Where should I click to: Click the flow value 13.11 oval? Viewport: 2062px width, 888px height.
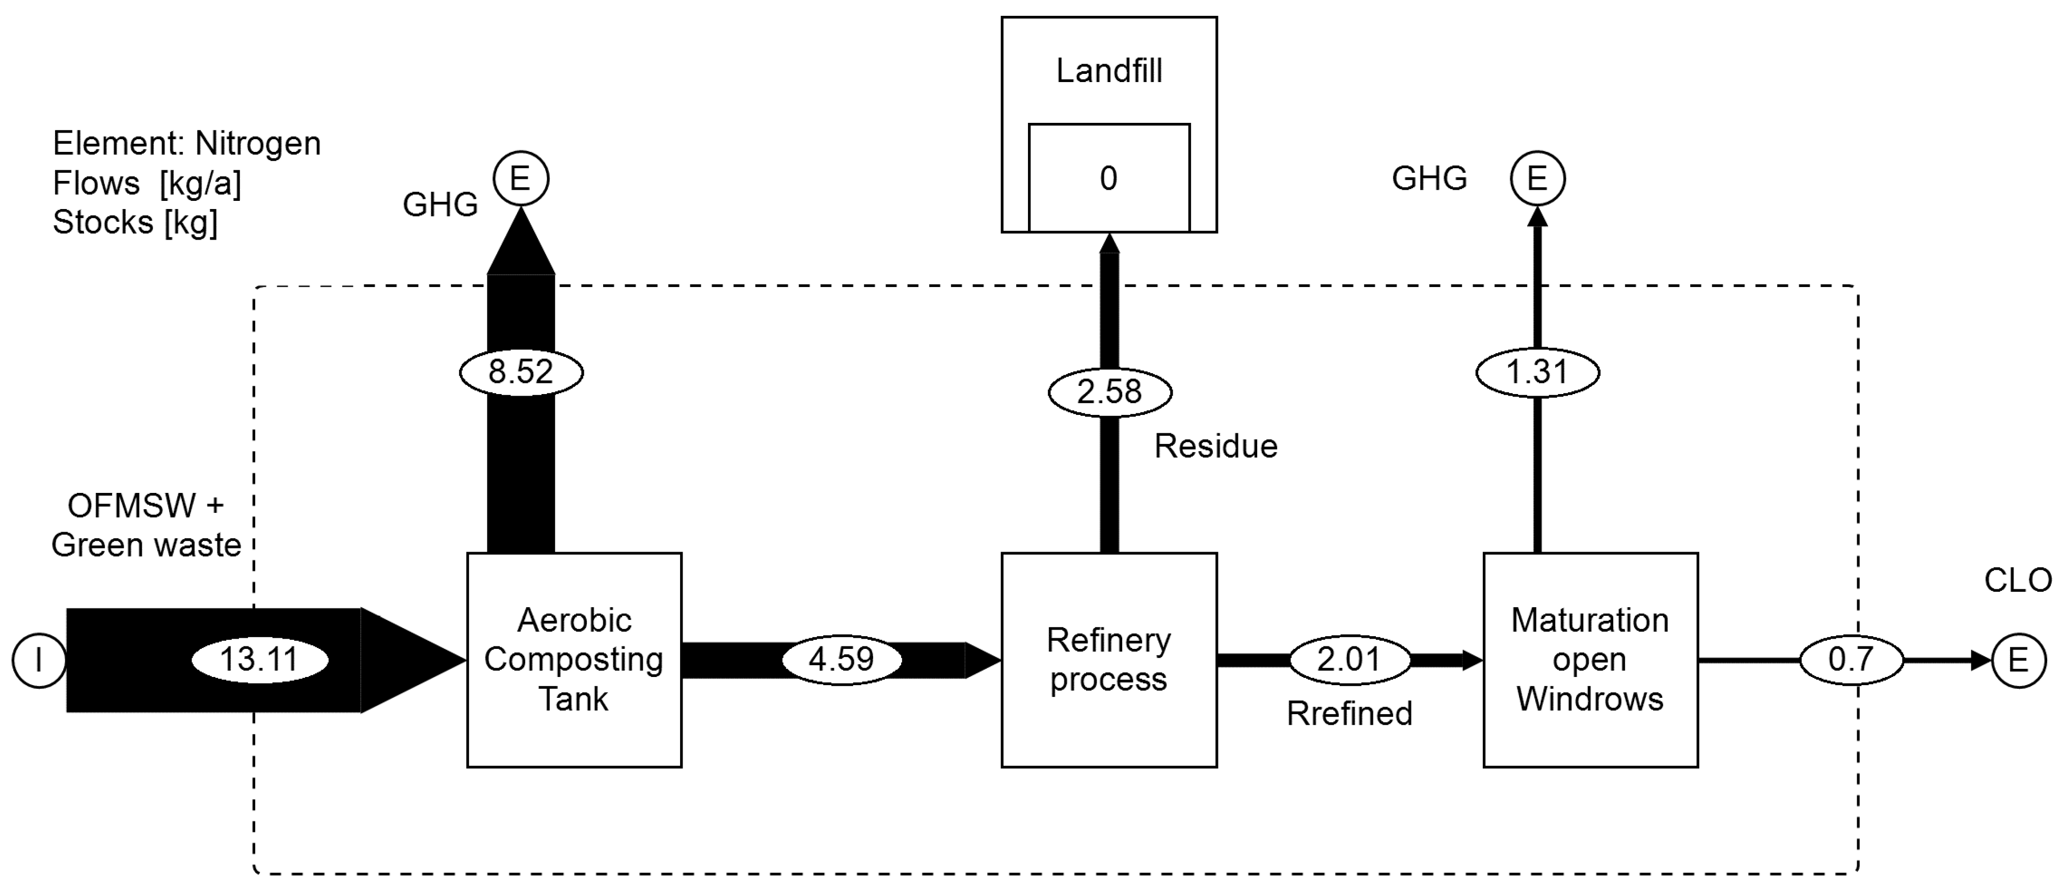click(x=259, y=660)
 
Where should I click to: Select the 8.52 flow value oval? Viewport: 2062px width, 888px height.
click(x=521, y=372)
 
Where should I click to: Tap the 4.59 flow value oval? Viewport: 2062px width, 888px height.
click(x=842, y=660)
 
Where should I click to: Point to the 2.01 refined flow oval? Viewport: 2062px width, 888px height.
click(x=1349, y=660)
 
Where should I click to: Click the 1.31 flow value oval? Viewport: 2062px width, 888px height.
click(x=1537, y=372)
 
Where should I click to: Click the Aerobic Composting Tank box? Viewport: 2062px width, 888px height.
click(x=574, y=660)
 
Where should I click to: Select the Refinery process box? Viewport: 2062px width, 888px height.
click(x=1108, y=660)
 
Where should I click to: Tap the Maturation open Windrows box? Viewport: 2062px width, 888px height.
click(x=1590, y=660)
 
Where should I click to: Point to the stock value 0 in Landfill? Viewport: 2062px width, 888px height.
click(x=1108, y=178)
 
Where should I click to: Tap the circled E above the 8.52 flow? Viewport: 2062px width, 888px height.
click(x=520, y=178)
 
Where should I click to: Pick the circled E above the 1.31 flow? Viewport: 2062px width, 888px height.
click(x=1537, y=178)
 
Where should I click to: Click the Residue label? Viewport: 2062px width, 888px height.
click(x=1215, y=446)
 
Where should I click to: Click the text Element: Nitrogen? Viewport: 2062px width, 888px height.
click(x=186, y=143)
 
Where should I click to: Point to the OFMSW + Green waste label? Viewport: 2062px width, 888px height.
click(x=146, y=525)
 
